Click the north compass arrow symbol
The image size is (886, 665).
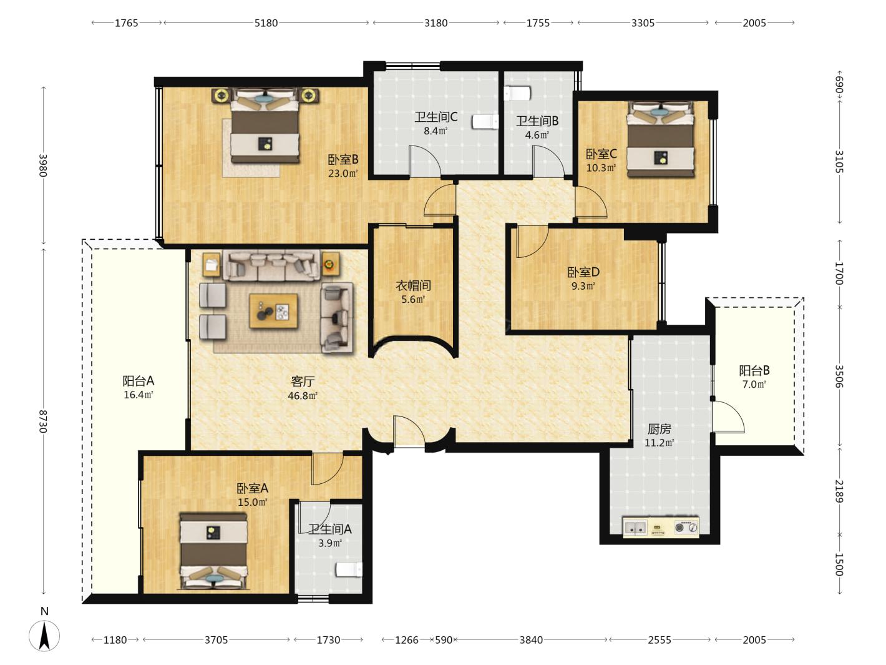click(x=44, y=636)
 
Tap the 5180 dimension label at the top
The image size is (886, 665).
click(x=266, y=23)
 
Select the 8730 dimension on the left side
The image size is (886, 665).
click(x=44, y=421)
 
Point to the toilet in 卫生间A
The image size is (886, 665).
click(x=349, y=569)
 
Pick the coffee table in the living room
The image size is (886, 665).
click(x=274, y=310)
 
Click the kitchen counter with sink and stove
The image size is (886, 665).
click(x=661, y=526)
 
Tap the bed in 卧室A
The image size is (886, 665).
click(x=213, y=551)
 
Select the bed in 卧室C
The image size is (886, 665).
click(x=660, y=139)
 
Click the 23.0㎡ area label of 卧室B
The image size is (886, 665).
click(x=343, y=174)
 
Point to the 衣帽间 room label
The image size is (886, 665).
click(x=413, y=285)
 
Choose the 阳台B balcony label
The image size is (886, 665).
click(x=754, y=370)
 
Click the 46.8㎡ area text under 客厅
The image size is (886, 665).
click(x=303, y=396)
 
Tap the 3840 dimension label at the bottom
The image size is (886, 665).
click(x=531, y=639)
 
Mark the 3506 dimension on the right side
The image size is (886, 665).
click(x=839, y=377)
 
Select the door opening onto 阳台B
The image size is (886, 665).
click(x=728, y=417)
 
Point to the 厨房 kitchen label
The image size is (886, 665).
click(x=659, y=429)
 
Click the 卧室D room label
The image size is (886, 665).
click(x=583, y=272)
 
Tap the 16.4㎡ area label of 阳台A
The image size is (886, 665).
click(x=138, y=395)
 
